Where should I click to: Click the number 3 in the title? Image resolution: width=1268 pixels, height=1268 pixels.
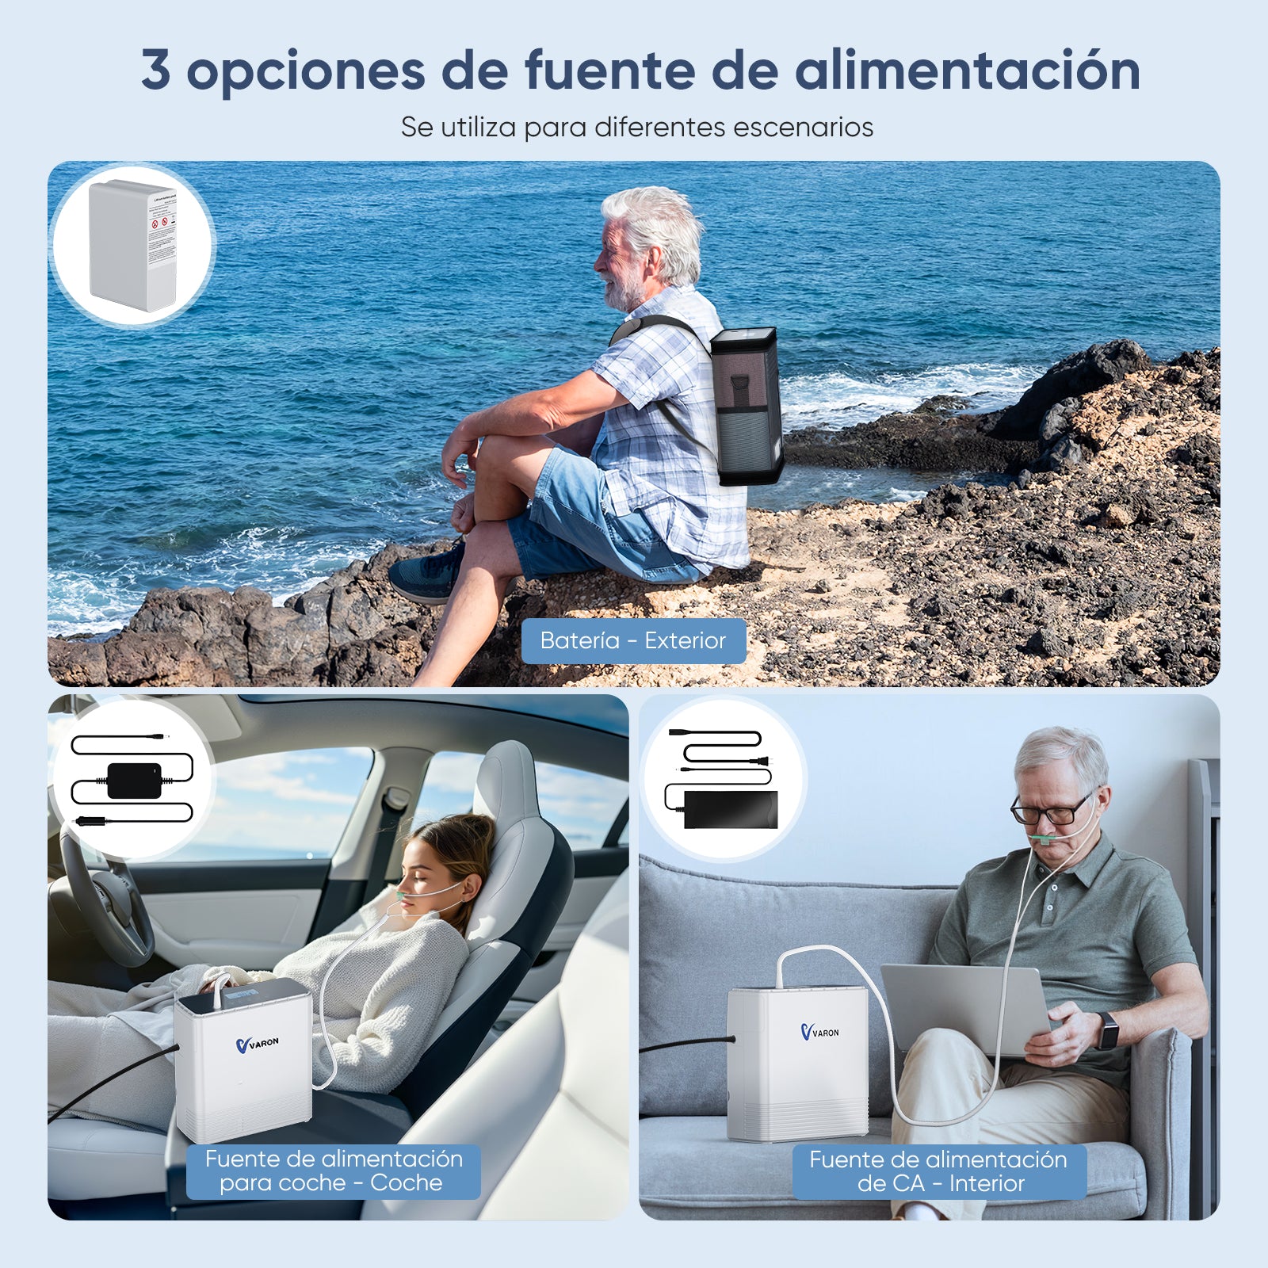click(156, 70)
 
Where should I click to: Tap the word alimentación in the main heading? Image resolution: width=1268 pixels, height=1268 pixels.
click(967, 70)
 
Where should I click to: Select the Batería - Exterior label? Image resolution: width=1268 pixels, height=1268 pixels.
click(633, 640)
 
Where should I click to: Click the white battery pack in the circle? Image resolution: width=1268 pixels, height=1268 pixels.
click(132, 246)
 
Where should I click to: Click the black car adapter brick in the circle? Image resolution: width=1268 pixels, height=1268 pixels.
click(134, 781)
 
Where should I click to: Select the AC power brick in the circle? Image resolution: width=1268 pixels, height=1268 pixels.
click(730, 809)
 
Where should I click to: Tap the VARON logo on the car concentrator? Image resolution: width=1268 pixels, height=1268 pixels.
click(258, 1044)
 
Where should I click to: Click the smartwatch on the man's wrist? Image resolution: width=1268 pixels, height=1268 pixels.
click(1106, 1030)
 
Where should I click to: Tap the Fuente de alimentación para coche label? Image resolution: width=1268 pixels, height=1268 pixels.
click(334, 1171)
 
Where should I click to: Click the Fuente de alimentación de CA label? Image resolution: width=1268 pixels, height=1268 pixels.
click(938, 1171)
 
